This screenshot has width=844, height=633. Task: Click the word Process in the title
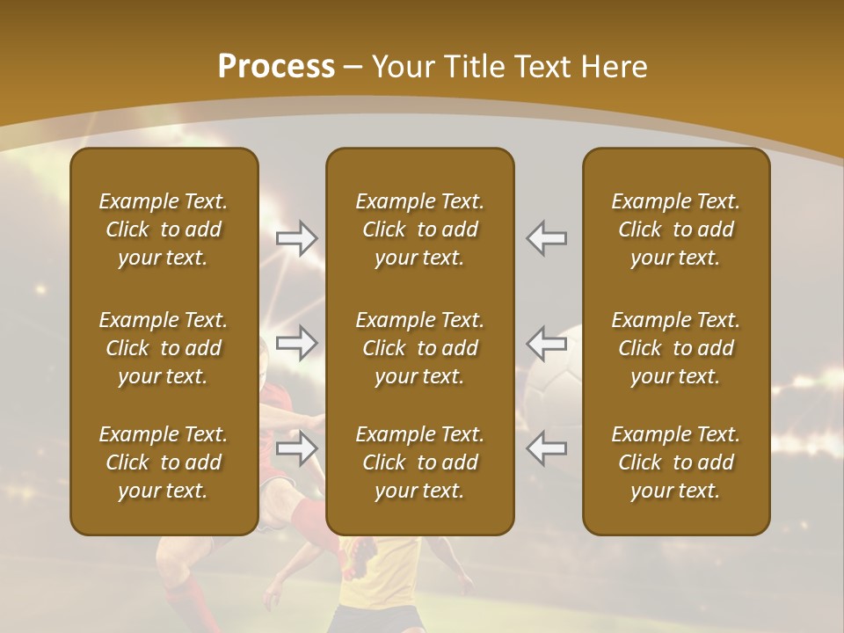(276, 67)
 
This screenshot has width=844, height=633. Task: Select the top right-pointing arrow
(297, 238)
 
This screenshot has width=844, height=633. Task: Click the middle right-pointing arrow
(297, 343)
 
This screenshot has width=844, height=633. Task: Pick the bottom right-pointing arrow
(297, 449)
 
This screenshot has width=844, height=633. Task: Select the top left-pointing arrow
(546, 238)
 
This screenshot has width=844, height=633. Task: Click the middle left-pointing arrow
(546, 343)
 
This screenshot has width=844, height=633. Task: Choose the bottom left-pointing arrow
(546, 449)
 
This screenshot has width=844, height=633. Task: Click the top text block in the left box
(164, 229)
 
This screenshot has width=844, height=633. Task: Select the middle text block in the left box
(164, 348)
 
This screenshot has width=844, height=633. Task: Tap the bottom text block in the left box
(164, 462)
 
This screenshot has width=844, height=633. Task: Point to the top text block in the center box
(420, 229)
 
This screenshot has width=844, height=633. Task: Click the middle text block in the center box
(420, 348)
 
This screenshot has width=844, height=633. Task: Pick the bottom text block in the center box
(420, 462)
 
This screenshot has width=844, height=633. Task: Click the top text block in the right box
(676, 229)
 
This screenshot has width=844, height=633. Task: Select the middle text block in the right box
(676, 348)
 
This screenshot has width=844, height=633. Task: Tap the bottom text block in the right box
(676, 462)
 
